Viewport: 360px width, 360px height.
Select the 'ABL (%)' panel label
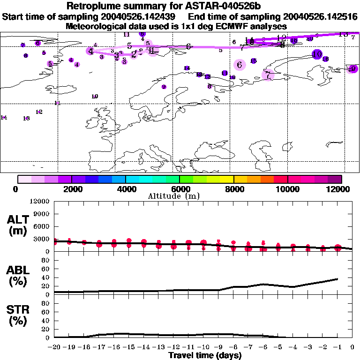click(x=17, y=276)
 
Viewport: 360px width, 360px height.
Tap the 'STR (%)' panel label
click(x=17, y=315)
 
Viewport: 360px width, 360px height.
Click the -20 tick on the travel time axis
click(x=54, y=347)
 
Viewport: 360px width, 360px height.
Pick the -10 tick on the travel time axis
click(x=203, y=347)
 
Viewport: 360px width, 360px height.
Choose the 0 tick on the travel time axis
click(x=352, y=347)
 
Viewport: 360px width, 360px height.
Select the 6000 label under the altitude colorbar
click(x=180, y=189)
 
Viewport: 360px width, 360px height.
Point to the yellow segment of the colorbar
click(x=227, y=179)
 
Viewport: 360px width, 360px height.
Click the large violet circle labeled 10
click(x=317, y=54)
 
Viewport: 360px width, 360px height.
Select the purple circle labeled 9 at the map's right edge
click(x=352, y=69)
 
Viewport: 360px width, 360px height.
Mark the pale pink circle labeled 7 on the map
click(x=268, y=75)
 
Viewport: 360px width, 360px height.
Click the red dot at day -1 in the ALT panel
click(x=337, y=248)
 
